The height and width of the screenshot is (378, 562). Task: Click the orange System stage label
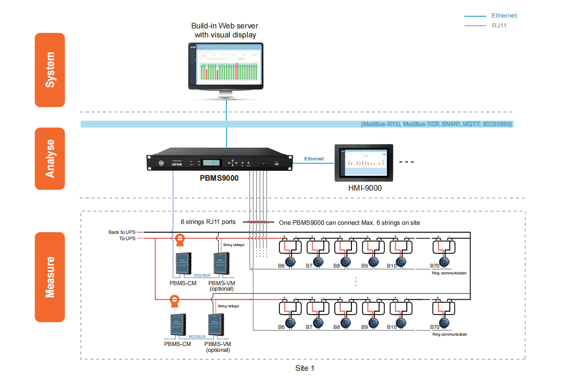pos(50,70)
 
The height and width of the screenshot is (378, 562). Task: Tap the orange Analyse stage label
pos(50,159)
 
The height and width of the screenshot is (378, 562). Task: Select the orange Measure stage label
pos(50,277)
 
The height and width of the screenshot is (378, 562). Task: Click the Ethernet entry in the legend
pos(504,15)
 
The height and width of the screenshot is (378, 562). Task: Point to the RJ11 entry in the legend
pos(499,25)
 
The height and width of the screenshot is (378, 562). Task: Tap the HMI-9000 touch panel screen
pos(364,163)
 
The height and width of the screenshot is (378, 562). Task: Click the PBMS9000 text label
pos(219,178)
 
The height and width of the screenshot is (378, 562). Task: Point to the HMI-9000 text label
pos(364,188)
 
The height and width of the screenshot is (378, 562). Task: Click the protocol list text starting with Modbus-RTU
pos(437,124)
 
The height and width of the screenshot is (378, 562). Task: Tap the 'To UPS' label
pos(127,238)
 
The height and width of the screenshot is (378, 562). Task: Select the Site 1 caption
pos(305,368)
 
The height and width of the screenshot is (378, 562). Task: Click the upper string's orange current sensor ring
pos(180,239)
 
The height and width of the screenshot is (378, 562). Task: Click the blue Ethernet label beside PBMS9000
pos(314,159)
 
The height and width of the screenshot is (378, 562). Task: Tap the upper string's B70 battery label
pos(434,266)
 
